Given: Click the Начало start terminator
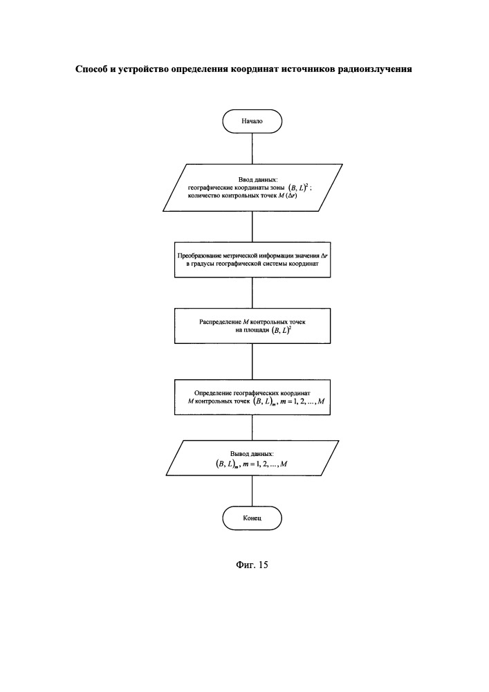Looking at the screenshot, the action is click(x=252, y=121).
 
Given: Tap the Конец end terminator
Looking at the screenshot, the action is click(x=252, y=518).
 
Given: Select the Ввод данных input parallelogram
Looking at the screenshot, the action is click(x=252, y=188).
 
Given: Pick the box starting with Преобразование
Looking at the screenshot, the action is click(x=252, y=259).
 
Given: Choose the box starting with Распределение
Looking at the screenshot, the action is click(x=252, y=326).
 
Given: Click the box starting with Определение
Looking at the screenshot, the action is click(x=252, y=397).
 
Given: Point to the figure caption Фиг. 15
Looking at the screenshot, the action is click(x=252, y=565).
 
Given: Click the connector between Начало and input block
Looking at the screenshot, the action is click(x=252, y=148).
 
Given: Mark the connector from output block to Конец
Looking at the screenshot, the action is click(x=252, y=491).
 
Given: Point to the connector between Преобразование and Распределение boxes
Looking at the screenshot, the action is click(x=252, y=293).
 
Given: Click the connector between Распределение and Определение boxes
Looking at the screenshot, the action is click(x=252, y=361).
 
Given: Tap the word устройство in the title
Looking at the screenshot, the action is click(x=143, y=69).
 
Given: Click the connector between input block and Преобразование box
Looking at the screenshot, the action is click(x=252, y=227).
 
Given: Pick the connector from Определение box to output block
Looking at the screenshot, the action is click(x=252, y=428).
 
